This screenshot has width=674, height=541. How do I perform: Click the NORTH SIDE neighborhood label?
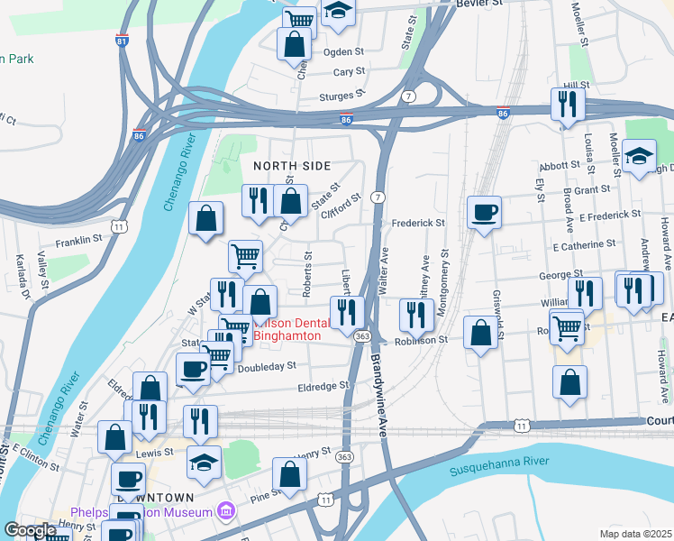click(x=291, y=166)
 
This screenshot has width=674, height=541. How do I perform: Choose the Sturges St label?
click(x=342, y=95)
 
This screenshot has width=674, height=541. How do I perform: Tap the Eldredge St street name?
click(x=323, y=386)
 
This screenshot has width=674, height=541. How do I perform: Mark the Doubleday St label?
click(x=266, y=366)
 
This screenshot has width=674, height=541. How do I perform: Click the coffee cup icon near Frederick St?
click(x=485, y=212)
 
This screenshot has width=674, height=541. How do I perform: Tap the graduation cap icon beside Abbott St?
click(x=639, y=157)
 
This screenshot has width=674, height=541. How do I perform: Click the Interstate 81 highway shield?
click(x=122, y=41)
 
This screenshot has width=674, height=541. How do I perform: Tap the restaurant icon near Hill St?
click(x=568, y=104)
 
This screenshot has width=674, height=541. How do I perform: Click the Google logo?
click(x=30, y=531)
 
